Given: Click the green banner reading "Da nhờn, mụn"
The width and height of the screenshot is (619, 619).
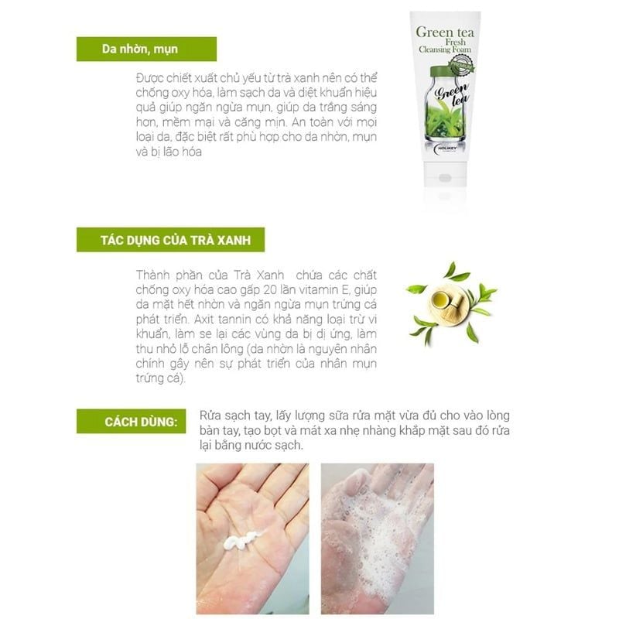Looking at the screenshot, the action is pos(146,49).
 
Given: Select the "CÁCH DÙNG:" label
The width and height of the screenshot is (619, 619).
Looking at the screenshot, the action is pos(141,422).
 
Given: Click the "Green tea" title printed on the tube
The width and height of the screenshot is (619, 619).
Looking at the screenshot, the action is pos(445,32).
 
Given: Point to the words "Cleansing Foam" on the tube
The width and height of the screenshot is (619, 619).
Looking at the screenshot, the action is pos(445,50).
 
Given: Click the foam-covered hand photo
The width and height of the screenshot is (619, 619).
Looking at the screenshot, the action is pos(378,539).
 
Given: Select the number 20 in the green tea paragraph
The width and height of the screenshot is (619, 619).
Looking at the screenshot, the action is pos(270,290).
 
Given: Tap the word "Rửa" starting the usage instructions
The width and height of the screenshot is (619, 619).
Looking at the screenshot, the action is pos(210,416).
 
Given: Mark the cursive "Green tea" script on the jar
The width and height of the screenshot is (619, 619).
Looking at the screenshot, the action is pos(453,94).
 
